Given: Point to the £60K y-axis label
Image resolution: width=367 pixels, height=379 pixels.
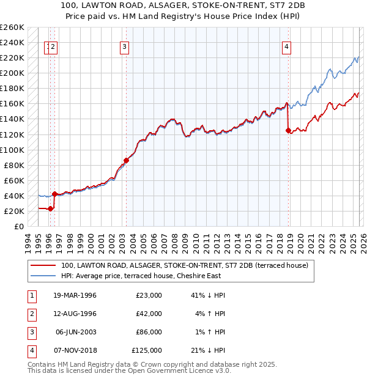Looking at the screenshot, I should (13, 180).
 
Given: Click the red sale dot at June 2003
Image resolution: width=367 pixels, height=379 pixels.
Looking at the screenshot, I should (126, 160).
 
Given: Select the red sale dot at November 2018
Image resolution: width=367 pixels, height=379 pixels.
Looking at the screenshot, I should (288, 130).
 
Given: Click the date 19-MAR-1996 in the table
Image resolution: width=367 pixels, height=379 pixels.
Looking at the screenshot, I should (76, 295).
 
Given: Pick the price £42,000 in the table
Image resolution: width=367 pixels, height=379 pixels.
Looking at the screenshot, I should (149, 314).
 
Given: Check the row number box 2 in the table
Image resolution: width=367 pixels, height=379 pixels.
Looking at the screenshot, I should (29, 314).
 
